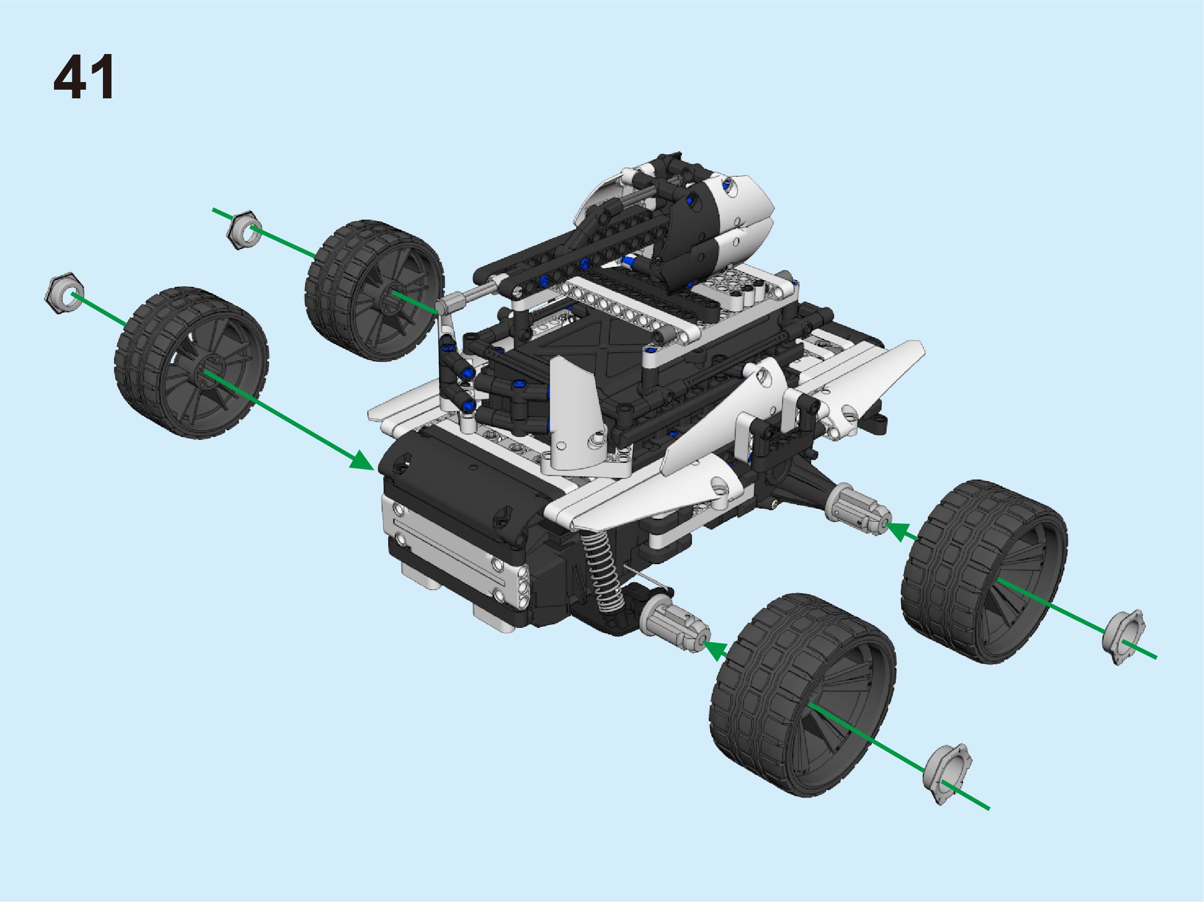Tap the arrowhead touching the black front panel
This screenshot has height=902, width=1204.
point(361,460)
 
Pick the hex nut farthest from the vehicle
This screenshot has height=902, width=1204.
point(64,293)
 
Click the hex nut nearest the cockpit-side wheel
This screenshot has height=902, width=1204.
point(244,230)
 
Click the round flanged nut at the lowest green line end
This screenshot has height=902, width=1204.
point(948,774)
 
